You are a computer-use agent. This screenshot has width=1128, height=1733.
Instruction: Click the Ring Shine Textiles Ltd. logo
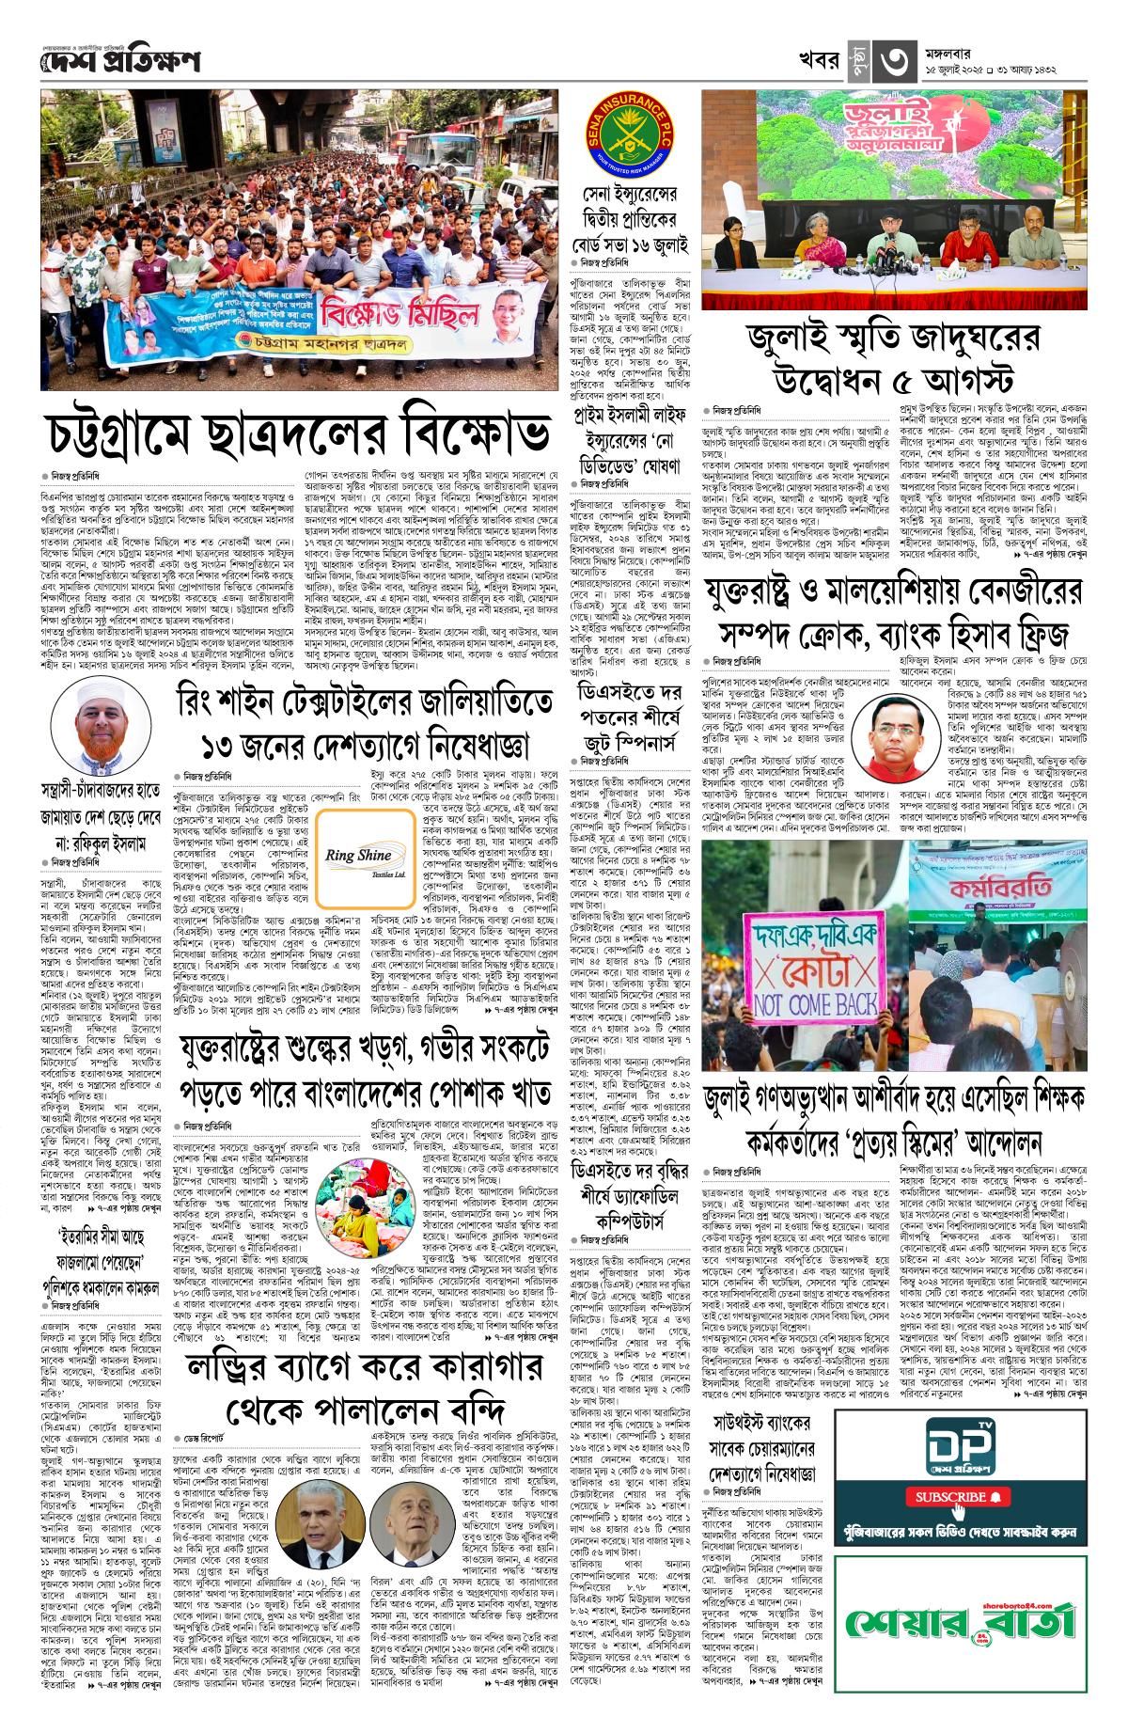(x=358, y=859)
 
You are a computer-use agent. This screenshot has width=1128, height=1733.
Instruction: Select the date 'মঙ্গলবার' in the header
(x=948, y=54)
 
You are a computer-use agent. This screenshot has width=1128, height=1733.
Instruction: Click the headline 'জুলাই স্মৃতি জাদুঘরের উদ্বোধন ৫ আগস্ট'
(x=893, y=358)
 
